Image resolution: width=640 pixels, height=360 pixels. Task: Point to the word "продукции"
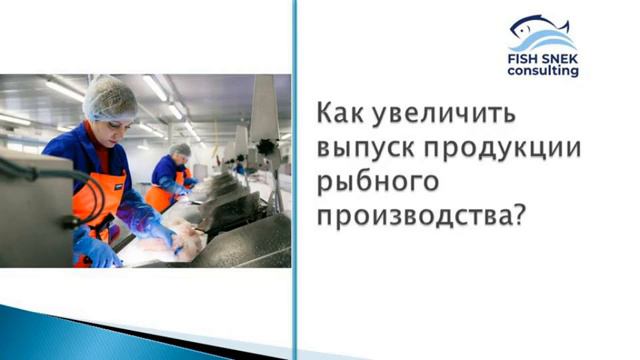[515, 149]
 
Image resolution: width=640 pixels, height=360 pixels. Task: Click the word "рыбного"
[380, 185]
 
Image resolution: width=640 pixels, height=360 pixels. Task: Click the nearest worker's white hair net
[110, 98]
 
